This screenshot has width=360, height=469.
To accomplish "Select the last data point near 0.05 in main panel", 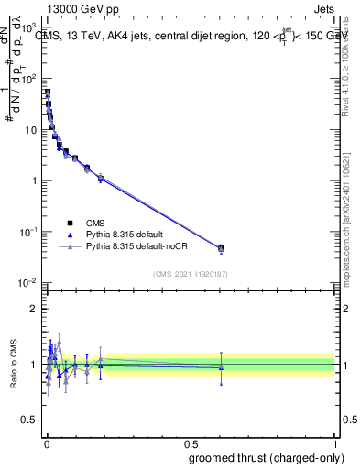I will pos(221,248).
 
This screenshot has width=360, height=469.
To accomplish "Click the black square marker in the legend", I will pos(70,223).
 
